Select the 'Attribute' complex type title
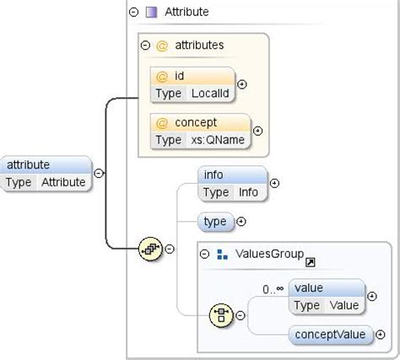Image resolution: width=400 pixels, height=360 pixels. point(186,12)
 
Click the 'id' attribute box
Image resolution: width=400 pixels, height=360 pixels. point(193,83)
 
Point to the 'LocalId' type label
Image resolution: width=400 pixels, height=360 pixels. point(208,92)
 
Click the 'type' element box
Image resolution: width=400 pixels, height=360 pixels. point(215,222)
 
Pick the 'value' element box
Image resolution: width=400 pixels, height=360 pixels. point(327,296)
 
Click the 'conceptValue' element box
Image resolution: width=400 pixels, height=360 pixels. point(330,335)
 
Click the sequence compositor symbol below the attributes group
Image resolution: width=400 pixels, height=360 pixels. point(150,248)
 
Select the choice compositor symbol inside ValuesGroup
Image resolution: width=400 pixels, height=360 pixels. point(220,315)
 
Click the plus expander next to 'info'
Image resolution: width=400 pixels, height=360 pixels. point(274,183)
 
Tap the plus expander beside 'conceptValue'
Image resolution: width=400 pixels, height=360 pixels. point(375,335)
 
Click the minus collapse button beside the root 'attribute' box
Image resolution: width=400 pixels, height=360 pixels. point(99,173)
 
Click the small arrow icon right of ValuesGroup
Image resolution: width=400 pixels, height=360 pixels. point(311,262)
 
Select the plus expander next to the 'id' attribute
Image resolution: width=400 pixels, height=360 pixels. point(242,83)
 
